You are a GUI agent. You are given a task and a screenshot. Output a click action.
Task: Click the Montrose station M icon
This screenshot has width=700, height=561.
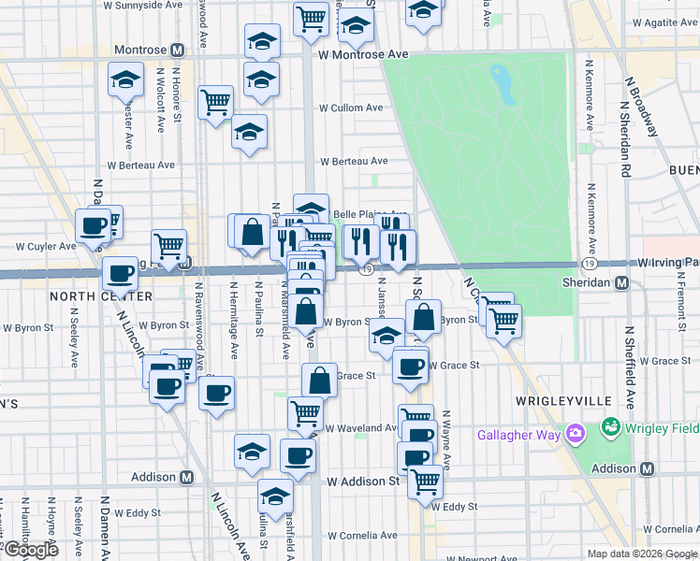coord(175,50)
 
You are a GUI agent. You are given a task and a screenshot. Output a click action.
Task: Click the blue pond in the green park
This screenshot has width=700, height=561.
coord(503,85)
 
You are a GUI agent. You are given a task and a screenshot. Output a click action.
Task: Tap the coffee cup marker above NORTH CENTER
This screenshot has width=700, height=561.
coord(120,273)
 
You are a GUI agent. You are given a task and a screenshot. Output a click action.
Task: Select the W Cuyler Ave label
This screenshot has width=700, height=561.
coord(43,247)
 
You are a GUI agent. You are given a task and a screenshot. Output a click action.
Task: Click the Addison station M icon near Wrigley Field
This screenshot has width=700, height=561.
coord(645,468)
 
